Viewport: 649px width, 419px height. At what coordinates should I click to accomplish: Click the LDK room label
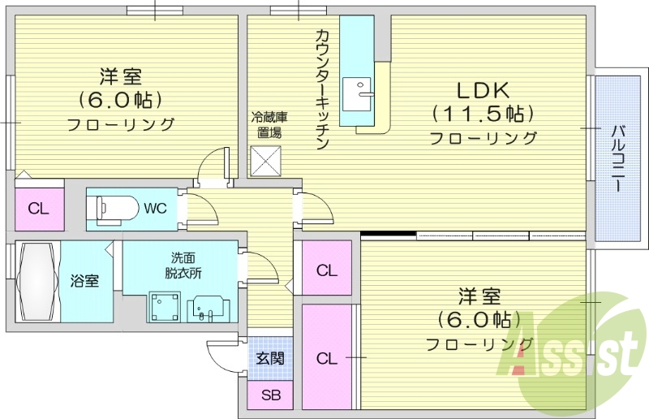[484, 88]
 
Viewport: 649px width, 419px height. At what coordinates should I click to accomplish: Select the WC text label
[155, 209]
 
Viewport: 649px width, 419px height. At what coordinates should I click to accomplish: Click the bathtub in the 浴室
[36, 282]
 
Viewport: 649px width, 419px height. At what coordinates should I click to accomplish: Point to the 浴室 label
[84, 282]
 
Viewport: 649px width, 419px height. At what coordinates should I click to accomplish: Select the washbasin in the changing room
[209, 308]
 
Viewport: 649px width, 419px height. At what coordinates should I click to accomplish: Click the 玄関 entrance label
[270, 358]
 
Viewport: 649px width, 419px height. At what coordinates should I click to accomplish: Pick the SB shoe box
[270, 397]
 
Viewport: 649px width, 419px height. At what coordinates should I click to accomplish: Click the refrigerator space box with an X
[265, 160]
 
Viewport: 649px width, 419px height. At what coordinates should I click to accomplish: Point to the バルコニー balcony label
[617, 158]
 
